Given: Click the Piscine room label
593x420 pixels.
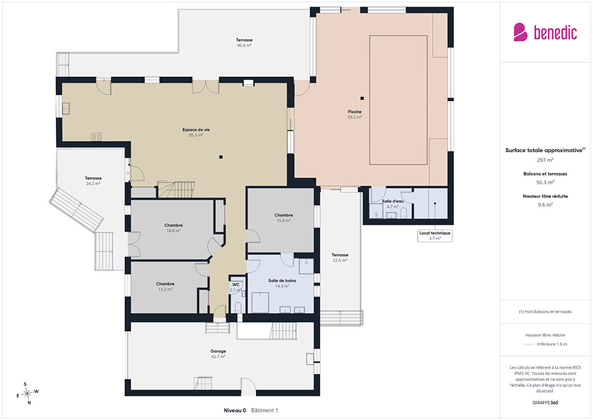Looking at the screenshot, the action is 354,112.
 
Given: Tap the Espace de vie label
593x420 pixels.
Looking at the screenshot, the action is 196,130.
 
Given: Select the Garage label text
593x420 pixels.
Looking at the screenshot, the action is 218,351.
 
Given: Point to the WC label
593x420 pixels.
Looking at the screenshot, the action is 236,285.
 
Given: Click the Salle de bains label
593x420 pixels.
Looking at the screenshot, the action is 282,281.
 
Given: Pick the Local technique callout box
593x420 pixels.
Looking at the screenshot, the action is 435,235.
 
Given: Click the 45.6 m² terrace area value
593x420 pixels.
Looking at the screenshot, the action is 244,45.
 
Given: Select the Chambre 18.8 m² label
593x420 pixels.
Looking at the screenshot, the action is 173,228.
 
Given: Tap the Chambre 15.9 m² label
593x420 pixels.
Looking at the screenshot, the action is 284,218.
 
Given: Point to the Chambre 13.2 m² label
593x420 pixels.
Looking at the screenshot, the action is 165,286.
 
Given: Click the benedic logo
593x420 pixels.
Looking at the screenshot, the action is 545,32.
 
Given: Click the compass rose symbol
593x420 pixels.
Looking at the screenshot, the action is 27,394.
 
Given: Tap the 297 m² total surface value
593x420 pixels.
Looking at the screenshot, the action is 545,160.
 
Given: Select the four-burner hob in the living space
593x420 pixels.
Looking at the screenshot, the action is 96,137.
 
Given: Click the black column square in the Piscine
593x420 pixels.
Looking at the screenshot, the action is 362,98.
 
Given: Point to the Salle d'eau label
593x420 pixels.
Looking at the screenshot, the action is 392,201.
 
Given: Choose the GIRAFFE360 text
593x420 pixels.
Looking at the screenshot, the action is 545,402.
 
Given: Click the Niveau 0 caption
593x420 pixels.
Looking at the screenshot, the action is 235,410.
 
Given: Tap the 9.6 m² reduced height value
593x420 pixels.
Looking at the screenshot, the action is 545,205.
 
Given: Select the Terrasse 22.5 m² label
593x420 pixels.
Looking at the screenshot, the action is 340,257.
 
